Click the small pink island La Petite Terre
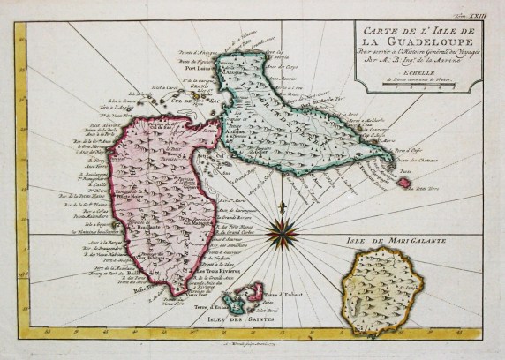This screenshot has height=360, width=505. pos(404,183)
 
